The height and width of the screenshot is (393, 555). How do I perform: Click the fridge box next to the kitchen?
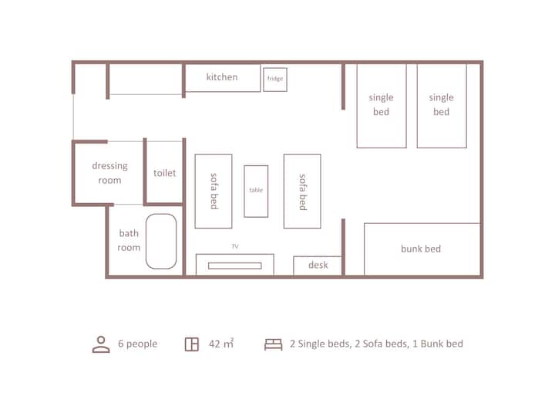275,80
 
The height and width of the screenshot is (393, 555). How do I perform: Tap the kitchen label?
222,77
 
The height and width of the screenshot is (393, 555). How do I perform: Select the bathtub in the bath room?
161,241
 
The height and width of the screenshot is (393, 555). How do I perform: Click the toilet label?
165,173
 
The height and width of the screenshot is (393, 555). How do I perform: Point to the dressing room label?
109,173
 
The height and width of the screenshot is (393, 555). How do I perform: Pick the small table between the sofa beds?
256,191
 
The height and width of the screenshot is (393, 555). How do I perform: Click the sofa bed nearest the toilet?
214,191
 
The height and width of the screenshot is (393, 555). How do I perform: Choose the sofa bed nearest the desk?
302,191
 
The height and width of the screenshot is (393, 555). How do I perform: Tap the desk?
318,266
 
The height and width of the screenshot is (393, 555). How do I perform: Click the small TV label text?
235,246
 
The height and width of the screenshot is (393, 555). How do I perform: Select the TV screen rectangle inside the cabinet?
235,266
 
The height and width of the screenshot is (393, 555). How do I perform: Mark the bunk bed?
422,249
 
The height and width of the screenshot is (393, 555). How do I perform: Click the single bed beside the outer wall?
442,106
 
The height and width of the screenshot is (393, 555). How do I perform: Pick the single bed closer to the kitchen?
382,106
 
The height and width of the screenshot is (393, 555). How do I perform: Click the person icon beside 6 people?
101,344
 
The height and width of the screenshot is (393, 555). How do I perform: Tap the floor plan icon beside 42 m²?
192,344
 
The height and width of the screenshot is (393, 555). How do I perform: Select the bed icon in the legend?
273,344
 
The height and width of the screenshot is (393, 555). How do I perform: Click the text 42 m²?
221,344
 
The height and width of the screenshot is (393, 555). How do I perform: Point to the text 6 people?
138,344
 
